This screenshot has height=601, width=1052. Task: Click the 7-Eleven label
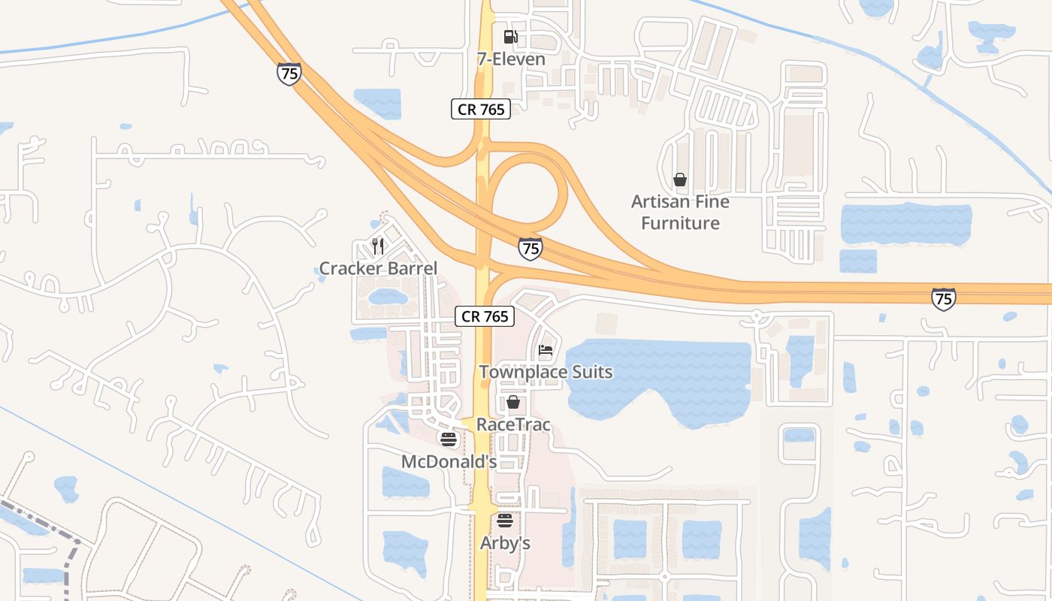click(511, 59)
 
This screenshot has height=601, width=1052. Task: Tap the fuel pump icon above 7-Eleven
click(510, 36)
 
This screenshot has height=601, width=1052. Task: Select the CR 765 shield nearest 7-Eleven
click(481, 109)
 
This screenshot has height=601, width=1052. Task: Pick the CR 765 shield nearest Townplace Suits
click(485, 316)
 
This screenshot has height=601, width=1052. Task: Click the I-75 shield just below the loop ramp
click(530, 249)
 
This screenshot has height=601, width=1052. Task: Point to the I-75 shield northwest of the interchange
click(289, 73)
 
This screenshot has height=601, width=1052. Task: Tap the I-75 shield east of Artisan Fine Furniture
click(943, 298)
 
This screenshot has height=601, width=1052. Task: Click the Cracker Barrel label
click(378, 268)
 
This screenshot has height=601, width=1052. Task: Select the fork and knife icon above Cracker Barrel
click(378, 246)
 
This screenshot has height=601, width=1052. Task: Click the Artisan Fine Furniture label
click(680, 212)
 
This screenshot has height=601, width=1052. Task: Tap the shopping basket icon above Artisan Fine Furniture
click(680, 180)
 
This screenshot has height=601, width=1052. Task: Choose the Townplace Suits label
click(546, 372)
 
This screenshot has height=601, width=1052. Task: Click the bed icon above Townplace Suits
click(546, 350)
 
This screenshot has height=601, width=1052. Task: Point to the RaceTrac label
click(513, 424)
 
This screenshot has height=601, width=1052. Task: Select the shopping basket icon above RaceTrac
click(513, 402)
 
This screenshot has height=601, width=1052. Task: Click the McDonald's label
click(449, 461)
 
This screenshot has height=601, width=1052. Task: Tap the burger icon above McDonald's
click(449, 439)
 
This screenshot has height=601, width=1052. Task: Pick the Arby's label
click(505, 542)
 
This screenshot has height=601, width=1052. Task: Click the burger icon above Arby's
click(505, 520)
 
